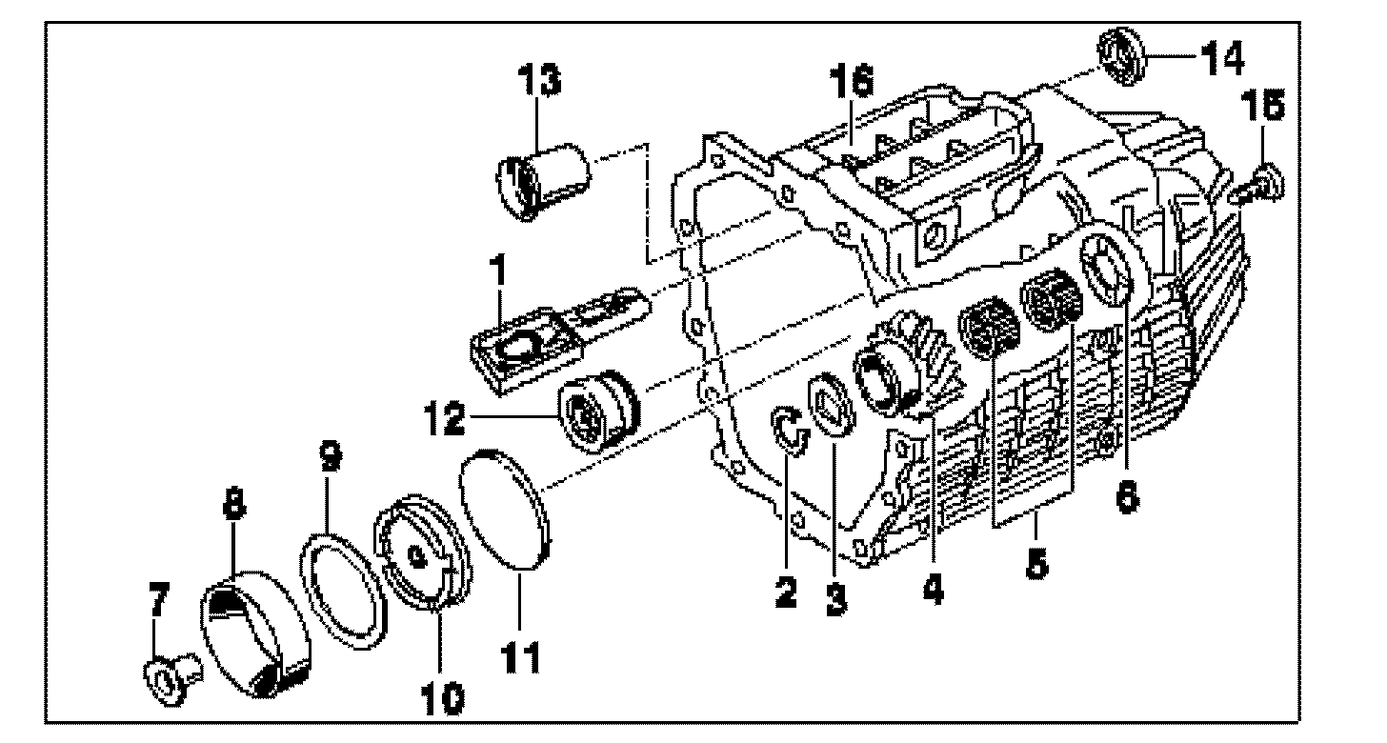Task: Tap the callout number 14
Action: pyautogui.click(x=1222, y=59)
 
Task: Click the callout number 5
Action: pyautogui.click(x=1035, y=563)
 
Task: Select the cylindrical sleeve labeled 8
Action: pyautogui.click(x=253, y=635)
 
